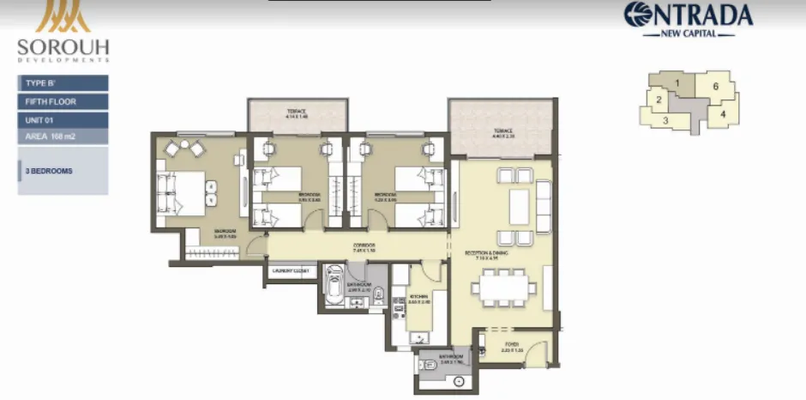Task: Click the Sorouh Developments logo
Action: click(x=63, y=34)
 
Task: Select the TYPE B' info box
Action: click(x=63, y=83)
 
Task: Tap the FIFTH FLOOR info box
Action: click(x=63, y=101)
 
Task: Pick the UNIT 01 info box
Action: click(x=63, y=119)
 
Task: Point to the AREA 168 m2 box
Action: click(x=63, y=136)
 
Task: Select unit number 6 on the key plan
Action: click(x=714, y=87)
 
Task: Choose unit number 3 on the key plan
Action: click(x=665, y=121)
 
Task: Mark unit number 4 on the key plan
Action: click(x=723, y=112)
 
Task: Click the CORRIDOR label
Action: click(x=364, y=246)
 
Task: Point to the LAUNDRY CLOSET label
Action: click(x=290, y=272)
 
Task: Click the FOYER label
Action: click(x=512, y=348)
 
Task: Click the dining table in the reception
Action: click(x=503, y=288)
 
